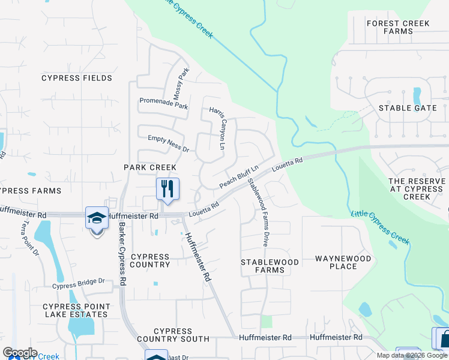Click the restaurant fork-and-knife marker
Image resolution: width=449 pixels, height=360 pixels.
click(x=168, y=189)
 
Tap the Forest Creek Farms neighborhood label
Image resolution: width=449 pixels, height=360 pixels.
click(x=399, y=28)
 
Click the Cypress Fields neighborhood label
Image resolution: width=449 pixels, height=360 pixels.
click(x=76, y=78)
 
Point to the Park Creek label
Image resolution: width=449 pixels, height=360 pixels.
click(x=150, y=167)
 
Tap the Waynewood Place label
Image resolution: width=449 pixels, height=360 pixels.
click(x=345, y=262)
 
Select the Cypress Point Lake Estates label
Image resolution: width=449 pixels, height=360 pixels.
click(x=76, y=310)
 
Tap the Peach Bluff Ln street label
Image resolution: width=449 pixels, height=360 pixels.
click(x=238, y=176)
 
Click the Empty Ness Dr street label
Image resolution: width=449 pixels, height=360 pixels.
click(x=168, y=143)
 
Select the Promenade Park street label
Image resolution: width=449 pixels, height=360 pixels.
click(x=163, y=103)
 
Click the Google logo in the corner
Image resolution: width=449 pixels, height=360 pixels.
click(x=20, y=353)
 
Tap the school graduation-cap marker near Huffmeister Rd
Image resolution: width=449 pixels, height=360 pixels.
click(x=97, y=218)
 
